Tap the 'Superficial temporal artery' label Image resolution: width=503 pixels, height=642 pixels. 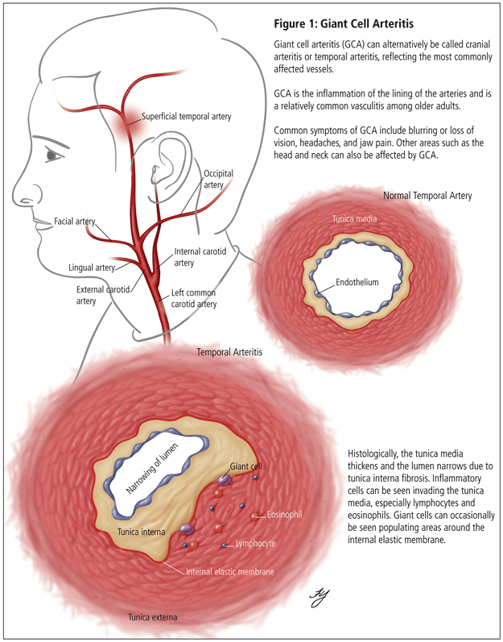point(186,117)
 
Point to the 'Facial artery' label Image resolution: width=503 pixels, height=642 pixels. point(76,221)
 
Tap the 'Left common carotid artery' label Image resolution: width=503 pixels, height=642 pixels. point(194,299)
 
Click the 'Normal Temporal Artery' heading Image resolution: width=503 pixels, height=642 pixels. point(427,196)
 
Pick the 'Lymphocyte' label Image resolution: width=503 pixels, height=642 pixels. point(254,544)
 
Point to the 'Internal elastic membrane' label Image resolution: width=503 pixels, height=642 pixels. point(229,571)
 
